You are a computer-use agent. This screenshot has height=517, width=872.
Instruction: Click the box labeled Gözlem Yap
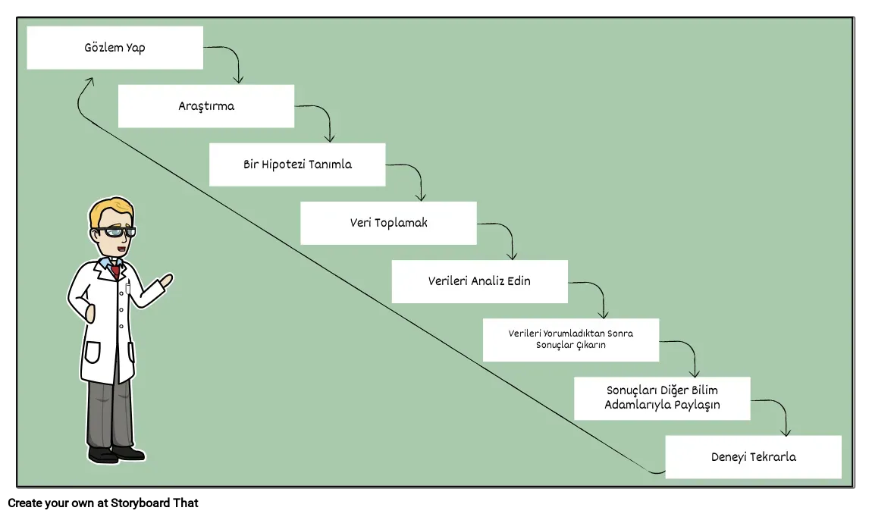(x=115, y=48)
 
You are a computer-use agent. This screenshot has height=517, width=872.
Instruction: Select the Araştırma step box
(x=206, y=106)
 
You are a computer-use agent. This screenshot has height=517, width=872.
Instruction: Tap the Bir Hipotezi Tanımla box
(x=297, y=164)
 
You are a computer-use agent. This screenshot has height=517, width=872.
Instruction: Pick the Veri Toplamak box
(x=389, y=223)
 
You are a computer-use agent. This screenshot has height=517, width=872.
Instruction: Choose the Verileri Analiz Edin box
(x=480, y=281)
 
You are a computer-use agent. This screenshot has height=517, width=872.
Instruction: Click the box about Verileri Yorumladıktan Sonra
(x=571, y=340)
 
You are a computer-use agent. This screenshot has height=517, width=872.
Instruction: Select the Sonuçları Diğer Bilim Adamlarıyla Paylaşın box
(x=663, y=398)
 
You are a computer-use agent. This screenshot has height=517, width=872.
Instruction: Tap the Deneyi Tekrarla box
(x=754, y=457)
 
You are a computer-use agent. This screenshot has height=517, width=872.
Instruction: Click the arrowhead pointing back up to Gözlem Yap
(x=89, y=82)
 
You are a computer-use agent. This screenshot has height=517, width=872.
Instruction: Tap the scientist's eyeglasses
(x=116, y=232)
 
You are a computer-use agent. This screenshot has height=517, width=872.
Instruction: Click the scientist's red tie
(x=115, y=271)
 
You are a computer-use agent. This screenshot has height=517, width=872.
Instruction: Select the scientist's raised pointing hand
(x=166, y=280)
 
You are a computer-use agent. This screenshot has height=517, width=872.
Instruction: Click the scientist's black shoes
(x=116, y=453)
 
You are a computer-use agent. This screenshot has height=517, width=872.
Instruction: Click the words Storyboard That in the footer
(x=155, y=503)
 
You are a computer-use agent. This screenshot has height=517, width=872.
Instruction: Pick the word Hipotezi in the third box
(x=283, y=164)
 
